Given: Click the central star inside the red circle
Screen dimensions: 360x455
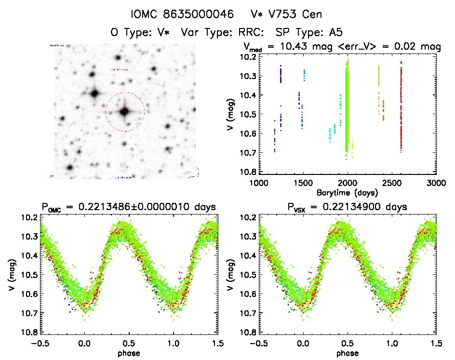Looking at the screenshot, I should click(124, 111).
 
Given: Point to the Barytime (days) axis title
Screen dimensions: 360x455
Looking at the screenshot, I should click(347, 192).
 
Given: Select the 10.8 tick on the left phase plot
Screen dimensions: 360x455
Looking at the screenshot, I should click(29, 333).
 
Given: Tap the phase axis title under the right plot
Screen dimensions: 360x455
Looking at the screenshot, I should click(347, 352).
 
